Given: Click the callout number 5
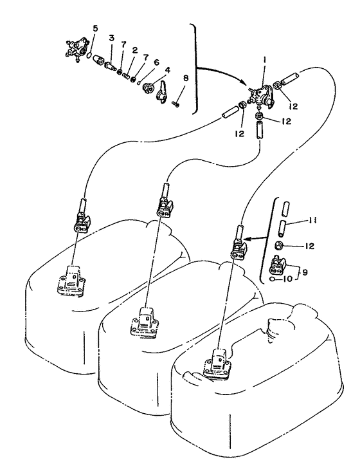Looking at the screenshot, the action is click(95, 29).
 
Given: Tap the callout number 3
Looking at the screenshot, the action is click(111, 38).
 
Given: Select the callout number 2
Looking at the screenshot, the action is click(135, 50).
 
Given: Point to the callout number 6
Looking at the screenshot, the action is click(156, 62).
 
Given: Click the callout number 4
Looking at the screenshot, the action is click(168, 70).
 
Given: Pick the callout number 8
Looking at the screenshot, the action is click(186, 78).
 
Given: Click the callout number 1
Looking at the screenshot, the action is click(265, 60).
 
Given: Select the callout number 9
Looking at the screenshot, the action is click(305, 272).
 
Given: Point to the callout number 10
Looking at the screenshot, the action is click(287, 279).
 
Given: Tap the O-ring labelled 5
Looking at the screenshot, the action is click(89, 55).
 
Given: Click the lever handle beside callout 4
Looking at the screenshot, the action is click(161, 93).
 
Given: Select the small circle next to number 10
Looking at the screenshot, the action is click(273, 279).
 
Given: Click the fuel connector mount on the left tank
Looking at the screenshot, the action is click(71, 281).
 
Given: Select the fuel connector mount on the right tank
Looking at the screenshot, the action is click(218, 364).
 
